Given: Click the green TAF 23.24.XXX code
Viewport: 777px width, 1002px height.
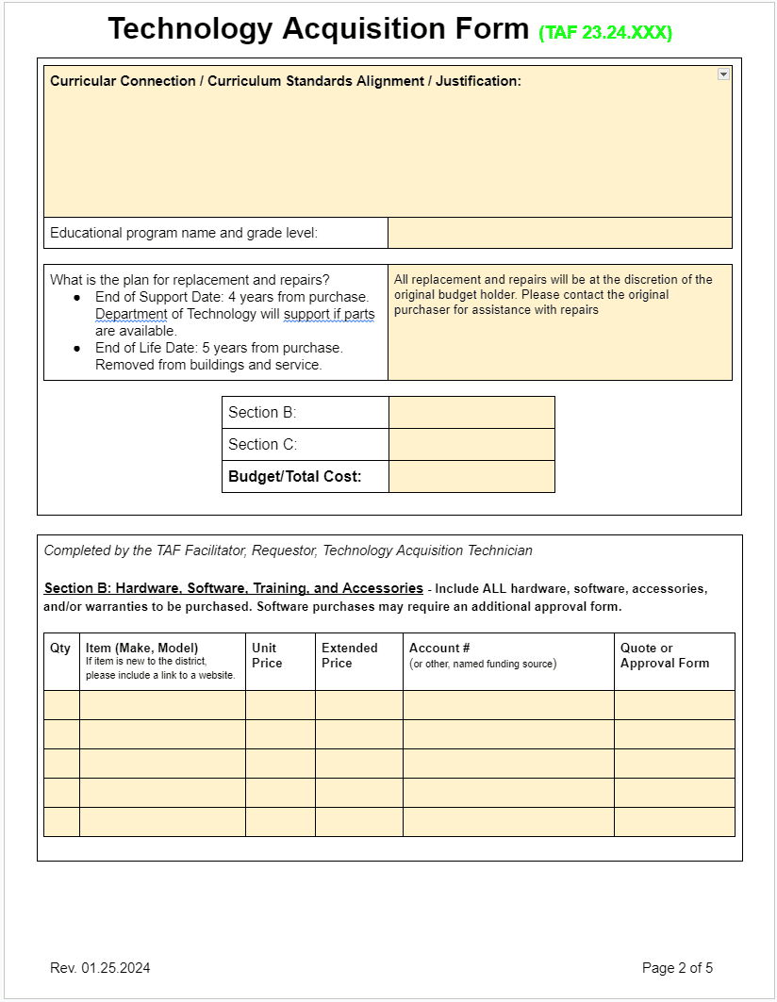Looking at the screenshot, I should tap(605, 33).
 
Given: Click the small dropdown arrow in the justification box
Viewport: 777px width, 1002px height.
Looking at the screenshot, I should tap(723, 74).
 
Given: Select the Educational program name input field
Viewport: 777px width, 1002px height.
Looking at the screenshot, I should tap(559, 233).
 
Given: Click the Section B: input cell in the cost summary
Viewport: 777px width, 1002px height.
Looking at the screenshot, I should tap(471, 413).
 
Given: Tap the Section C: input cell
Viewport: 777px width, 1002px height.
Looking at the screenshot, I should tap(471, 445).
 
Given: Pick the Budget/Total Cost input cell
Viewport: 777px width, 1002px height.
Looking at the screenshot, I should tap(471, 477).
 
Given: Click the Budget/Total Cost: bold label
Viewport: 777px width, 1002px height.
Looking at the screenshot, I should tap(295, 477).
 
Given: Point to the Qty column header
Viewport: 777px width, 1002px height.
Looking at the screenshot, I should tap(60, 649).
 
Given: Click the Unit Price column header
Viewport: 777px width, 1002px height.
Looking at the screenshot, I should tap(267, 655).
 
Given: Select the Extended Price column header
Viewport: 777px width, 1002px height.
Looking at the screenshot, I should tap(349, 655).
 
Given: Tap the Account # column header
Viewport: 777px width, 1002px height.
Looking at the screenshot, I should tap(439, 649).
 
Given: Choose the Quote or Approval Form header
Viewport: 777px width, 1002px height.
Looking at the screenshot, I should tap(664, 655).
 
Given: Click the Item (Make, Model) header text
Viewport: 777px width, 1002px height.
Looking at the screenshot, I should tap(141, 649).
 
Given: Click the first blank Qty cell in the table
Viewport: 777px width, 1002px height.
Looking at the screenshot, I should tap(61, 705).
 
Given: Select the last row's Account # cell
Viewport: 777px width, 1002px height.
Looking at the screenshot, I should tap(508, 822).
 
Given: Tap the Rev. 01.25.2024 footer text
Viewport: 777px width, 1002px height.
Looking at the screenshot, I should tap(100, 968).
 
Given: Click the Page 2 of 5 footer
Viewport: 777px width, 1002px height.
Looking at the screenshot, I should tap(677, 968).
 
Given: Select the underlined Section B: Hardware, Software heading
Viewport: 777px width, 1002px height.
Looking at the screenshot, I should tap(233, 588).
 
